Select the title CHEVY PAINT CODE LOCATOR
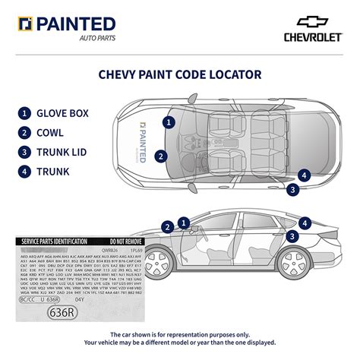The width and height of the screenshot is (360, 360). (x=180, y=74)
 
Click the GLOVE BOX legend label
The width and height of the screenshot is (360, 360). (x=63, y=114)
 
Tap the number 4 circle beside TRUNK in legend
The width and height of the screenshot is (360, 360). (x=25, y=171)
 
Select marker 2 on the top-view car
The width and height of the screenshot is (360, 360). (x=160, y=156)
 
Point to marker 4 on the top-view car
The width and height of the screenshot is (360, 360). (x=305, y=175)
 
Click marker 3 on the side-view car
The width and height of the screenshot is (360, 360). (x=292, y=236)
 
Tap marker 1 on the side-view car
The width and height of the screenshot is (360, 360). (x=183, y=223)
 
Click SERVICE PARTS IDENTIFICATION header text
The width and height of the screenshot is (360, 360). (x=55, y=241)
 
